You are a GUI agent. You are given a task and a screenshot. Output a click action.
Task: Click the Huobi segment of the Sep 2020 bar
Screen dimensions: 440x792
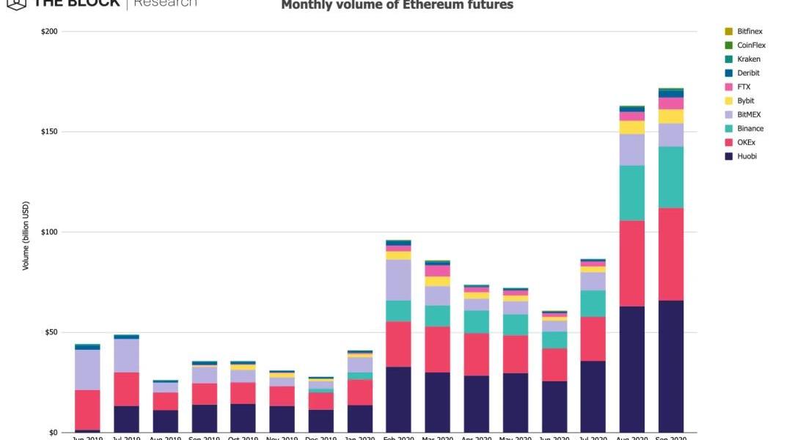(x=671, y=366)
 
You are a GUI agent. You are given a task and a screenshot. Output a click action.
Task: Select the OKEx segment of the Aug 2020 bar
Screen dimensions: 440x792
(x=631, y=263)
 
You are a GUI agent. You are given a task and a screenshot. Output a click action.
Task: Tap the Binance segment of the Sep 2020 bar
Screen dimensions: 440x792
(x=671, y=177)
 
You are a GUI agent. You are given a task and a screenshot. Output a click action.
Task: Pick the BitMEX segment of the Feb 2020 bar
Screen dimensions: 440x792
(x=398, y=279)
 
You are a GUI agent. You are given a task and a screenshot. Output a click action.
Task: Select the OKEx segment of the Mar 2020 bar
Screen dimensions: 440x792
(x=437, y=349)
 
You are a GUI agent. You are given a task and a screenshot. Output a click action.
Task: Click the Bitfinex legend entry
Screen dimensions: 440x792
(x=747, y=32)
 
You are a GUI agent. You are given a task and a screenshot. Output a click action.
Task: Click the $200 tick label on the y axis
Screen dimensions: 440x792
(x=50, y=32)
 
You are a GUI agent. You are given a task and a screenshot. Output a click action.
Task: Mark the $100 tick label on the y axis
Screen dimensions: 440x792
(x=50, y=232)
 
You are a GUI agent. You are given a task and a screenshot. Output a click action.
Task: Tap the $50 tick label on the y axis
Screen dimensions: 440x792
(x=51, y=332)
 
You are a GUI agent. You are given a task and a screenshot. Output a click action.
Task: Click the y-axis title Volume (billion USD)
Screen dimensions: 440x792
(x=26, y=235)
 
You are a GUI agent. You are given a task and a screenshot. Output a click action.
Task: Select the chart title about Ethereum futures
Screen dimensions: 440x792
(x=397, y=6)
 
